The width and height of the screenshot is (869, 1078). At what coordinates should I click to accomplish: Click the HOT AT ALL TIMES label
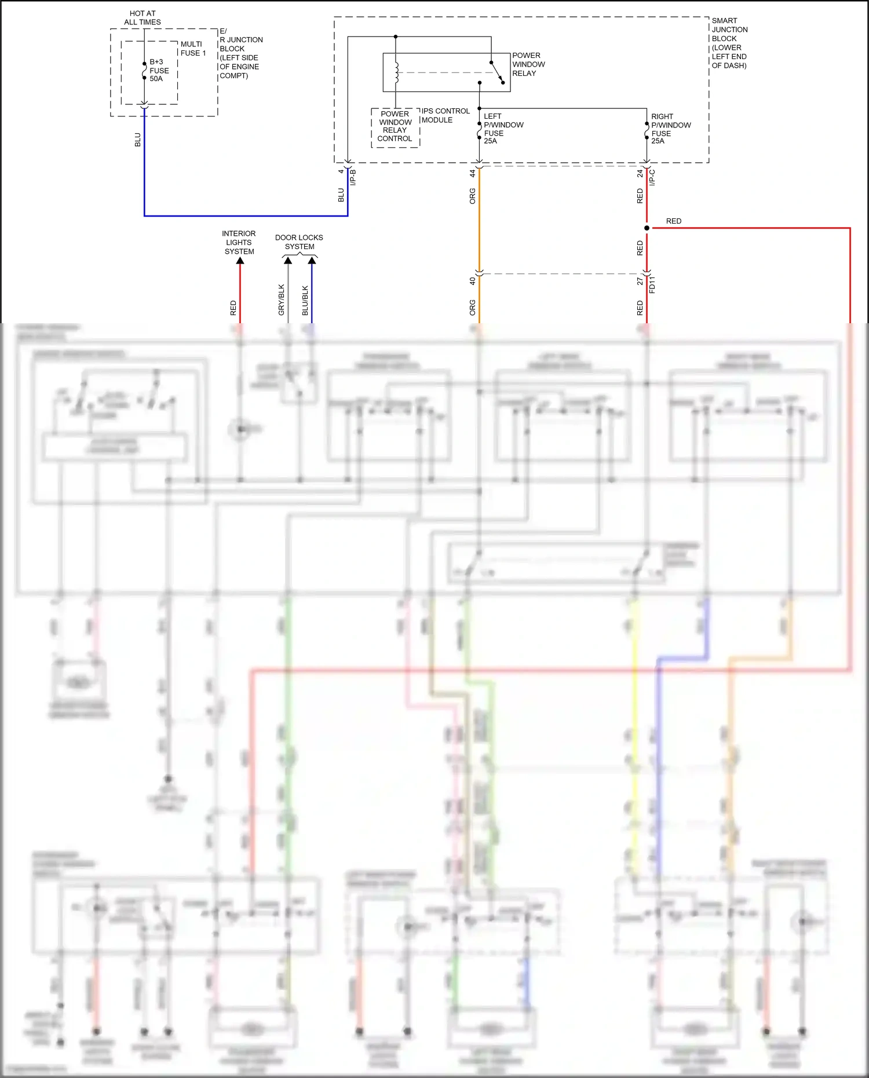(x=143, y=18)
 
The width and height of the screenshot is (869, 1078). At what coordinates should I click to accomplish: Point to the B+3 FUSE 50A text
(x=159, y=70)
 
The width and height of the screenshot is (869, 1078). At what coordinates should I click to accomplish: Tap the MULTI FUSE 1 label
(x=193, y=49)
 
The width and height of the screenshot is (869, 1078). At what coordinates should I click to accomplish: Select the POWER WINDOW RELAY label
(x=528, y=64)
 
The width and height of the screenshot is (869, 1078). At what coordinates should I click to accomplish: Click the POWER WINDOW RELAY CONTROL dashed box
(x=395, y=127)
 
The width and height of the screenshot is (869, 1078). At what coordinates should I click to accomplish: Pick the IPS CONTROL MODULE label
(x=445, y=115)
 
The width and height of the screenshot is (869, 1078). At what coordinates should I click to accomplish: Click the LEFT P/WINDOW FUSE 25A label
(x=503, y=129)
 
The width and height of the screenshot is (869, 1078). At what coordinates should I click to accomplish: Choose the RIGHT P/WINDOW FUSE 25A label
(x=670, y=129)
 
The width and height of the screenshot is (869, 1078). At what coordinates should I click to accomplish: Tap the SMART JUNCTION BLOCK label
(x=729, y=43)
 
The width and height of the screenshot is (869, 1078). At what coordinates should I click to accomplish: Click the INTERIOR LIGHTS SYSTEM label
(x=239, y=243)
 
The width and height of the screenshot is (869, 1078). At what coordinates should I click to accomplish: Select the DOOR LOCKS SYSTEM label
(x=299, y=242)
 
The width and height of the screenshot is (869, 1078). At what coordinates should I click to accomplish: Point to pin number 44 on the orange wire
(x=473, y=173)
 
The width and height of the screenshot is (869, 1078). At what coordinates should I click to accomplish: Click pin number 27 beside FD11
(x=640, y=282)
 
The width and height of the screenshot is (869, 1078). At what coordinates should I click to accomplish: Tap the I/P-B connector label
(x=353, y=177)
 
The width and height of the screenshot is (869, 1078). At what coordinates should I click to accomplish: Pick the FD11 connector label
(x=652, y=284)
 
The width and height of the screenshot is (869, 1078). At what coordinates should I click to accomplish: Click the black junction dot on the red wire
(x=647, y=228)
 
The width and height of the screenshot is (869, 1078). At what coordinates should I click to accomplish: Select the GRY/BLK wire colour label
(x=282, y=300)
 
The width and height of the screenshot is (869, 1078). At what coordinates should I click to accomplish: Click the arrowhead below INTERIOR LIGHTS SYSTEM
(x=240, y=261)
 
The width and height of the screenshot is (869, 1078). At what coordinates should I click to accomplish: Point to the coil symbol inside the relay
(x=396, y=72)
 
